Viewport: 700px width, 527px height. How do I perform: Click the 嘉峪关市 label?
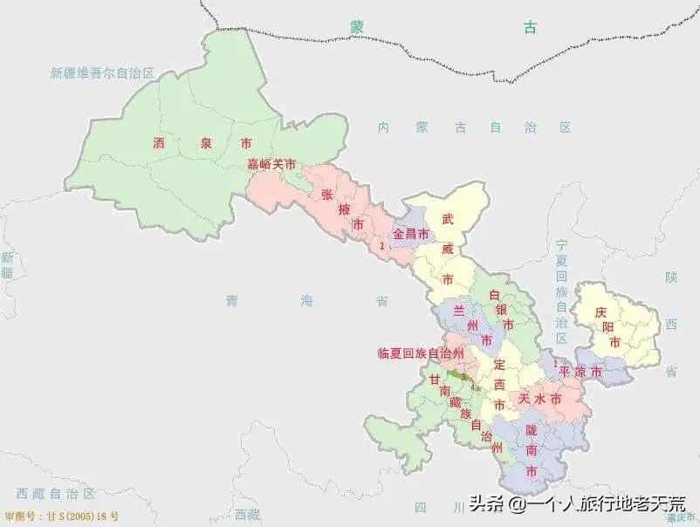point(271,164)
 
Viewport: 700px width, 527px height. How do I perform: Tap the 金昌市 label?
point(411,235)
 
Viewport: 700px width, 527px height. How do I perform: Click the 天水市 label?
point(539,398)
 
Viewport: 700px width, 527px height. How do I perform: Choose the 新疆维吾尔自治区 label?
point(102,73)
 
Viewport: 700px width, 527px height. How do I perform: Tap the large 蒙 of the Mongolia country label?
point(357,27)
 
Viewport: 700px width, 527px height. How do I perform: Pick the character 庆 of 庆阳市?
point(600,312)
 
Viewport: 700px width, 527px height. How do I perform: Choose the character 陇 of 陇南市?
point(532,429)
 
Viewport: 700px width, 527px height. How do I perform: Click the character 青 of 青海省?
point(231,301)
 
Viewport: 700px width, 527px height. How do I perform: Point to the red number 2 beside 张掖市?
point(382,247)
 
